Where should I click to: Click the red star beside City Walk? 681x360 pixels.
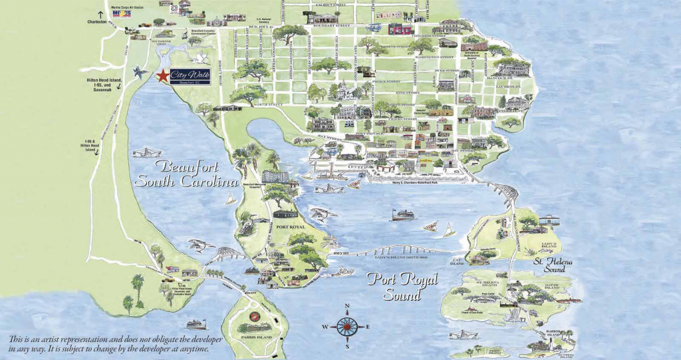pyautogui.click(x=161, y=77)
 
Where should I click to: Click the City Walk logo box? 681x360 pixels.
pyautogui.click(x=188, y=77)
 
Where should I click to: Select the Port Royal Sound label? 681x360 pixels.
pyautogui.click(x=400, y=285)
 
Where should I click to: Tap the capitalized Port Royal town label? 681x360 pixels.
pyautogui.click(x=285, y=226)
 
